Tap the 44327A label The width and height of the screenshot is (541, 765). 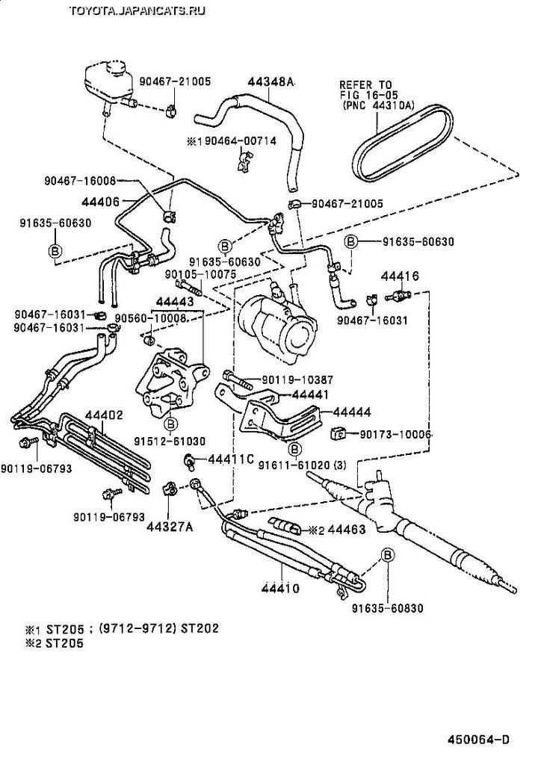pos(170,527)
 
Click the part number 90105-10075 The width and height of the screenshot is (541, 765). pos(191,273)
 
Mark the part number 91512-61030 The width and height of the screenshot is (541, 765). pos(170,441)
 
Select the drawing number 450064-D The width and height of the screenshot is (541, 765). pos(478,740)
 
